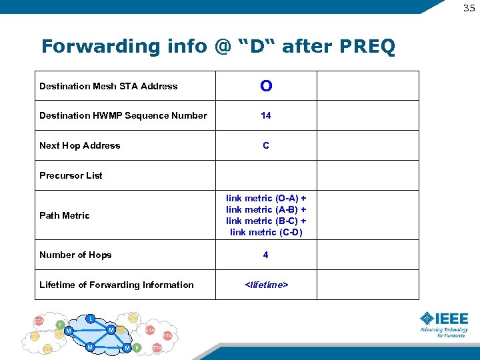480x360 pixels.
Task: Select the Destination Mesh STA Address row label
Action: coord(109,86)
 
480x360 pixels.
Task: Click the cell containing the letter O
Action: coord(266,86)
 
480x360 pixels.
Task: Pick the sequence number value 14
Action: coord(266,115)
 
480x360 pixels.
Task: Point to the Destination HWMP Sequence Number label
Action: coord(123,115)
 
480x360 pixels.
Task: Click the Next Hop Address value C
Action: coord(266,145)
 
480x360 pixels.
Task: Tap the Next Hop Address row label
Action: coord(80,145)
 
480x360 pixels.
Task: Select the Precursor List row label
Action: coord(71,175)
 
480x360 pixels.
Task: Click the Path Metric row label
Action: coord(65,215)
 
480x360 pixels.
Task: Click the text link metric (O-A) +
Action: coord(266,198)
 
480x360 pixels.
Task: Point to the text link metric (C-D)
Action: coord(266,232)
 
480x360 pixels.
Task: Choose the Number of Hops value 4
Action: coord(266,255)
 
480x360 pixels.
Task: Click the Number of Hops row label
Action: coord(75,255)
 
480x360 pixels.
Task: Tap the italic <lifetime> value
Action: coord(266,285)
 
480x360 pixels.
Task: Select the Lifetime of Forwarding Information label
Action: coord(117,285)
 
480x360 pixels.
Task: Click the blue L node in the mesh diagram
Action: coord(91,318)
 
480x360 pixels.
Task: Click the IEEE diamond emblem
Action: coord(427,318)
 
